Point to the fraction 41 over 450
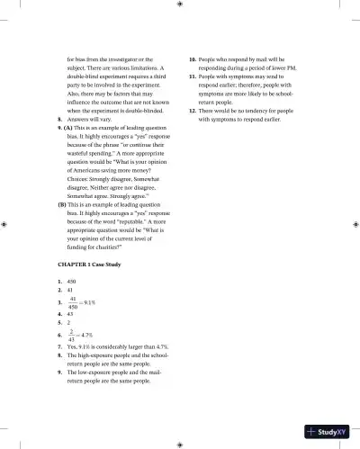pyautogui.click(x=75, y=304)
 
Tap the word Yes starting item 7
pyautogui.click(x=72, y=346)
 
